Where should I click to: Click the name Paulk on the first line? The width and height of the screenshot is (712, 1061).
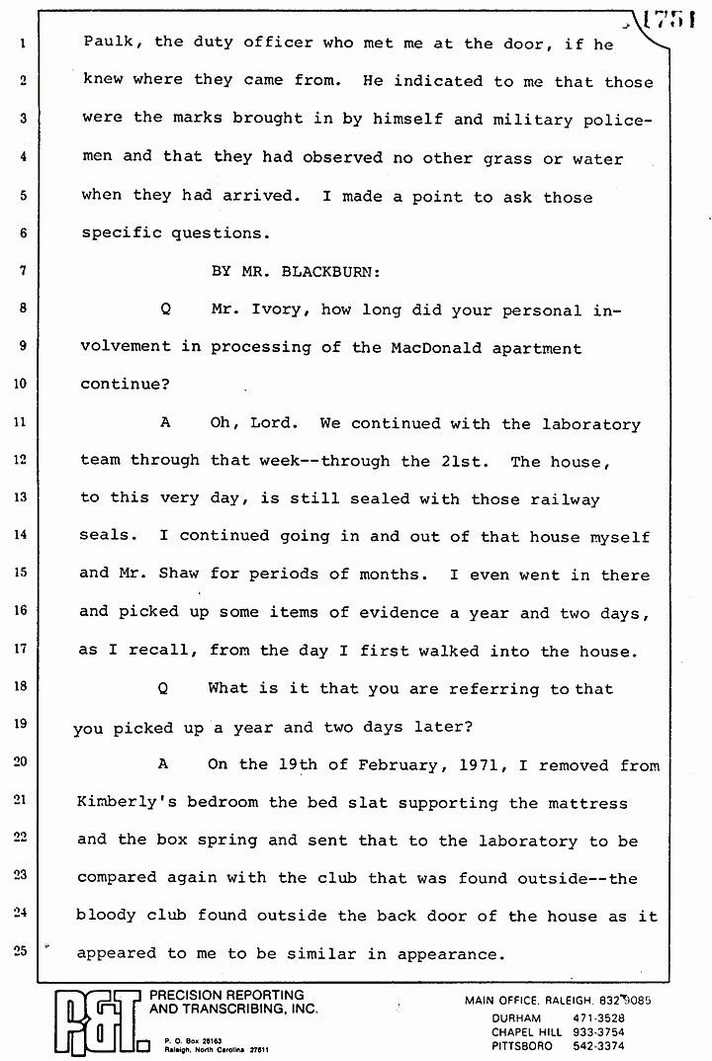tap(107, 44)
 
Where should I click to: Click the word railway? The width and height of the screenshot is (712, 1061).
tap(564, 499)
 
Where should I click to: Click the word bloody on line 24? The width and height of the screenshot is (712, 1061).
tap(108, 917)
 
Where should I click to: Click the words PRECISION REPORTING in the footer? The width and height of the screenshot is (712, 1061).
tap(225, 995)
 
